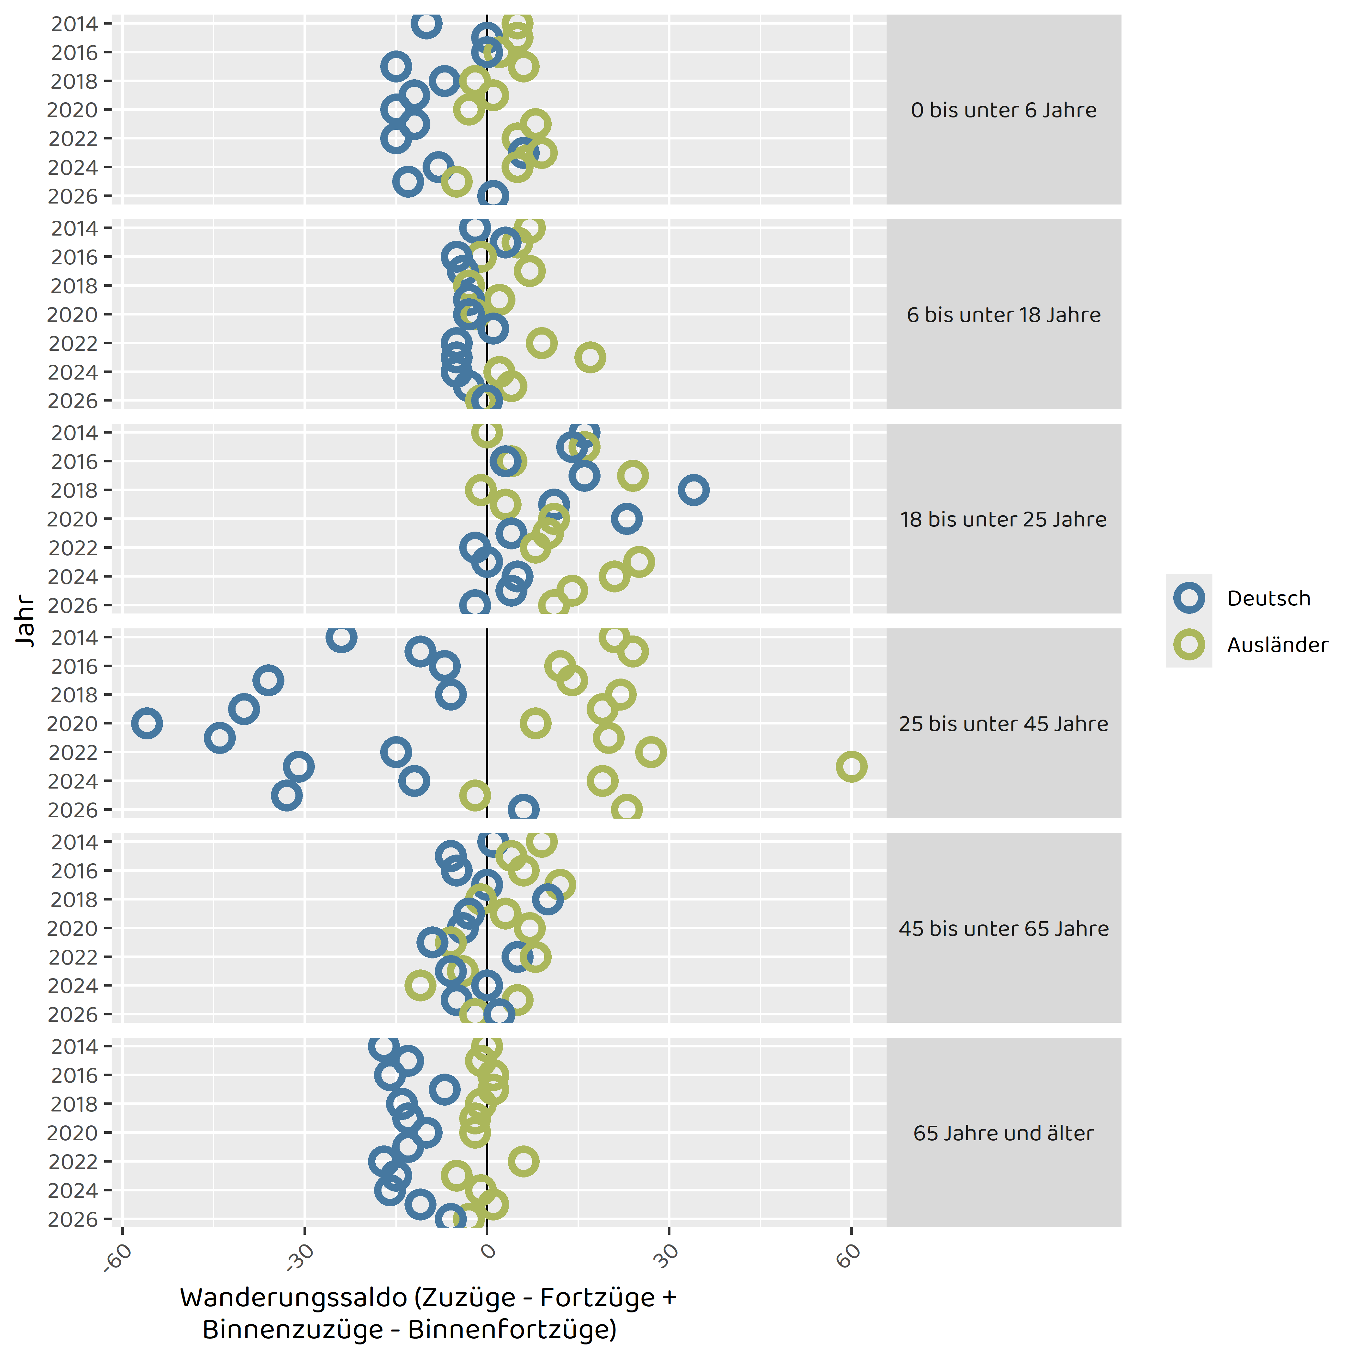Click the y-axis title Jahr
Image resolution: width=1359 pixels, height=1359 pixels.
(25, 620)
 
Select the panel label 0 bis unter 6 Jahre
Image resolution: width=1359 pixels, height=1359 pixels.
(1004, 110)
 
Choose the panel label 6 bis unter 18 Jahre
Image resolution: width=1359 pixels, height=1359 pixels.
(1004, 315)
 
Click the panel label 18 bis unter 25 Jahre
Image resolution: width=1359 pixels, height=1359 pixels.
(1004, 520)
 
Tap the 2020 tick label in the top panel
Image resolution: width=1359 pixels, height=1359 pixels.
(72, 110)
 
